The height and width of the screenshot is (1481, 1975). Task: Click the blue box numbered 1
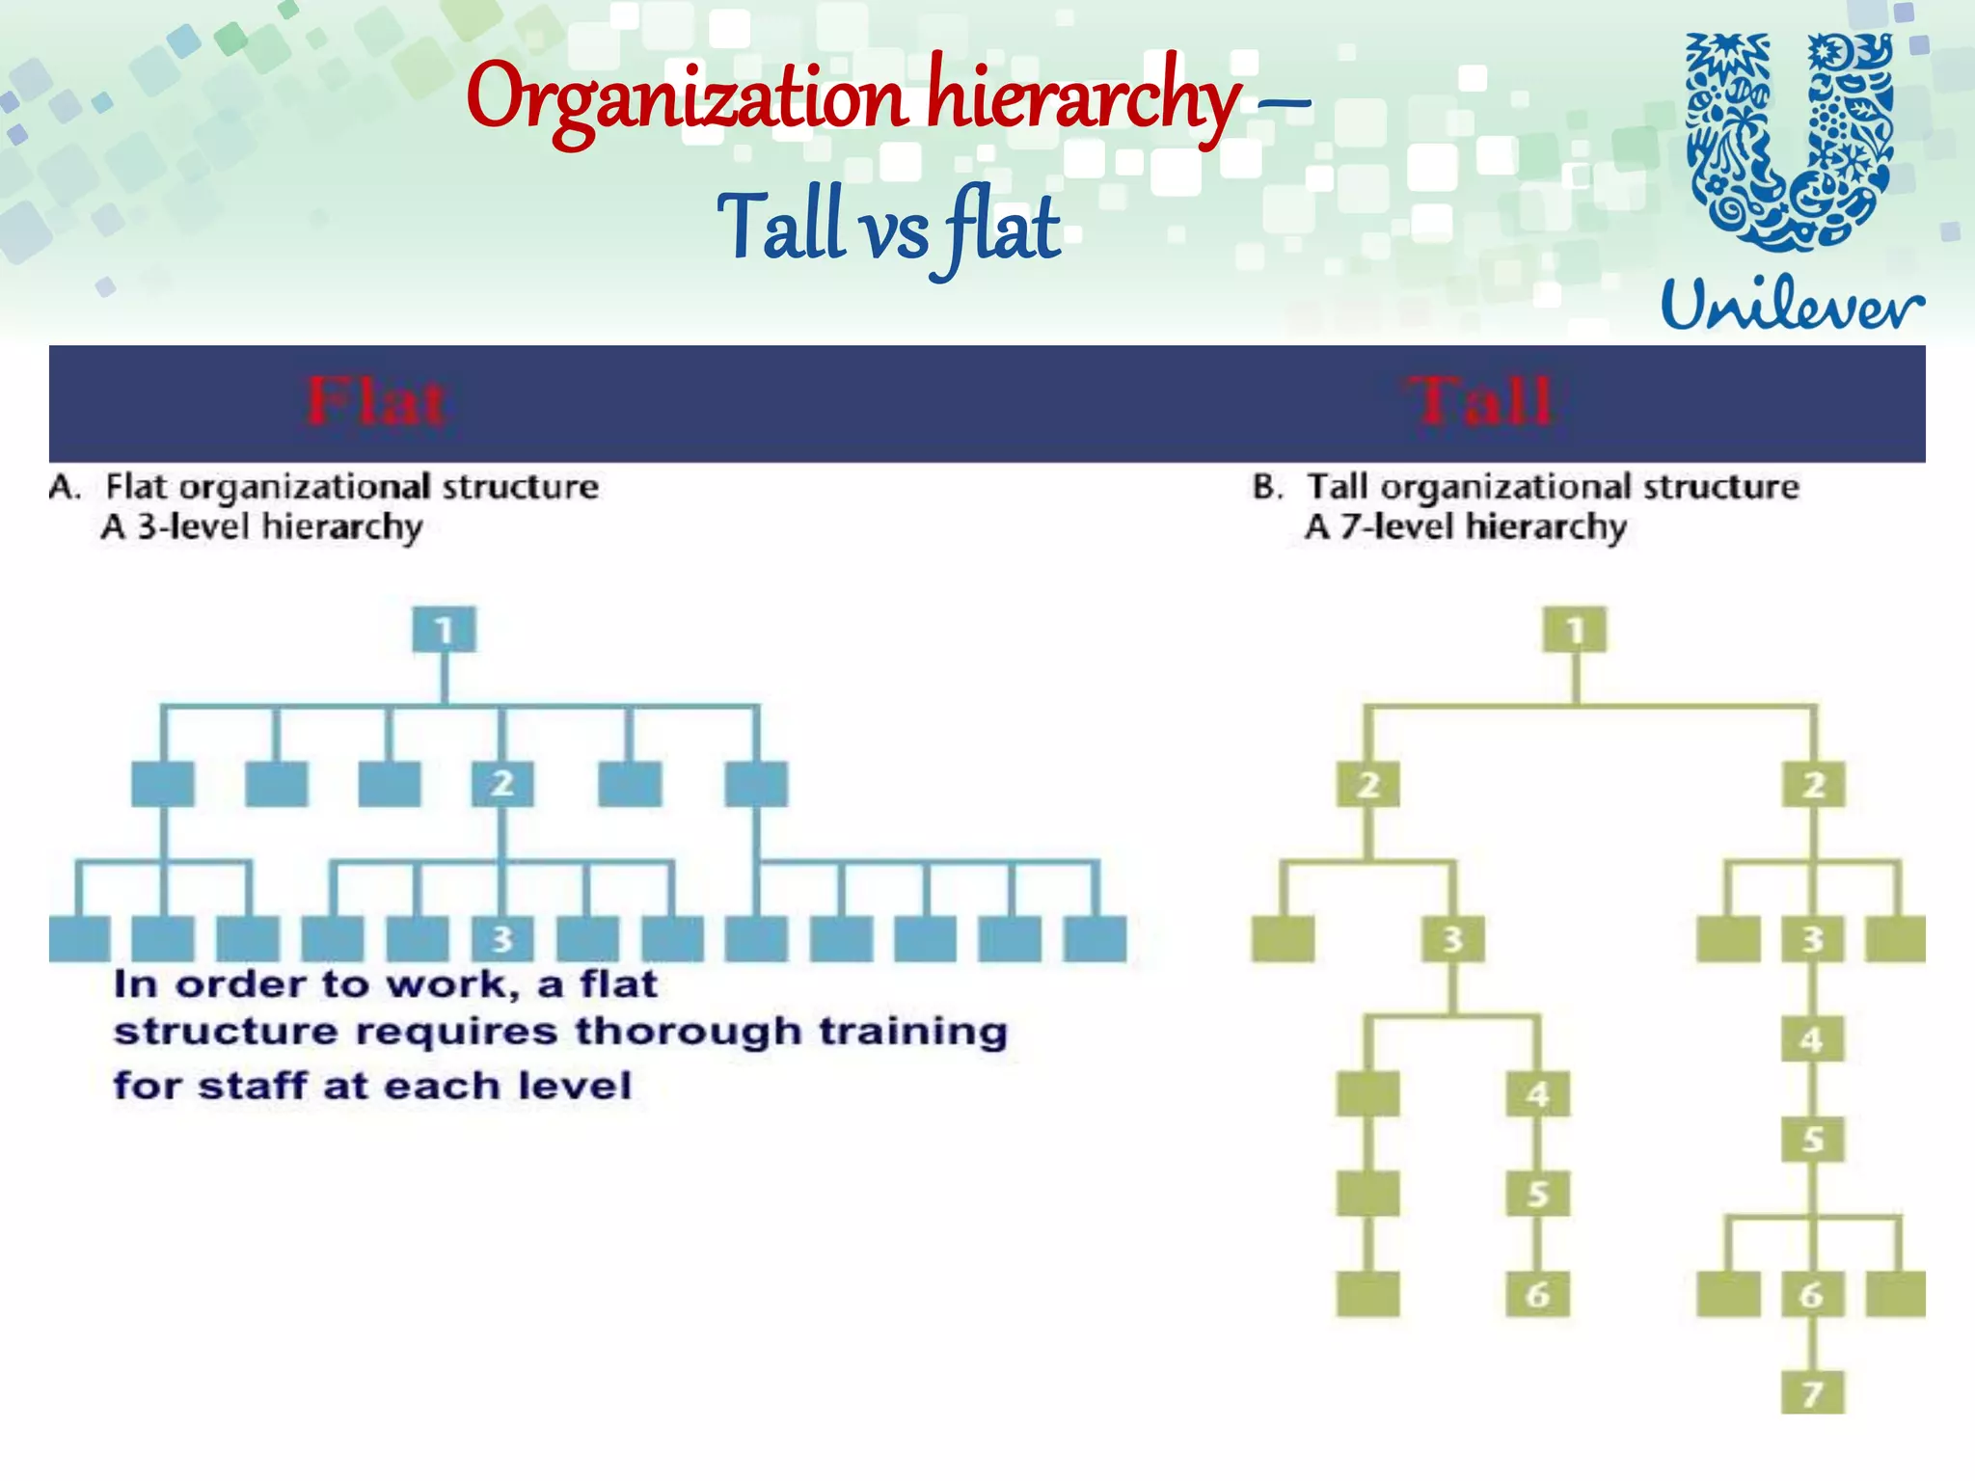(x=444, y=630)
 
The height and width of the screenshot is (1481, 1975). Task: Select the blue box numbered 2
(x=501, y=784)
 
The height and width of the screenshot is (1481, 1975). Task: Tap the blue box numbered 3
(x=501, y=938)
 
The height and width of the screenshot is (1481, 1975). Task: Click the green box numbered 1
(x=1575, y=630)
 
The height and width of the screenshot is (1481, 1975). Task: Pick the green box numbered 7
(x=1812, y=1392)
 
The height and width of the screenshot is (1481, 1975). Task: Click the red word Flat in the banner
(x=376, y=402)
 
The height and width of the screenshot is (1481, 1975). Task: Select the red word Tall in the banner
(x=1482, y=402)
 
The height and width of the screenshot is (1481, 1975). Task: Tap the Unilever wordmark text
(x=1792, y=304)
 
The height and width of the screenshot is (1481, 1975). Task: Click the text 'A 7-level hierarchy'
(x=1466, y=527)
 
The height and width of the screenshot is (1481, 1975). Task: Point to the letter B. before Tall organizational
(x=1267, y=487)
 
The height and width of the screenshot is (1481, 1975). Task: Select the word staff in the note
(x=255, y=1086)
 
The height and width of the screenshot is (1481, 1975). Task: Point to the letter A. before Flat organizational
(x=66, y=487)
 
